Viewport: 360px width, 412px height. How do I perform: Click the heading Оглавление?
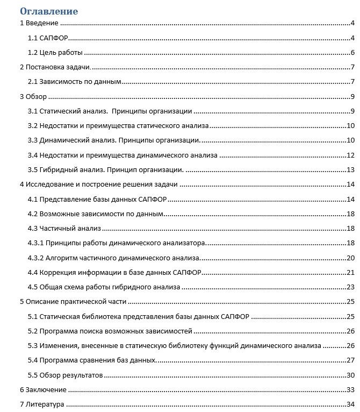[49, 11]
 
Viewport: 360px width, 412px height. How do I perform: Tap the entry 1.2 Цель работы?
[55, 53]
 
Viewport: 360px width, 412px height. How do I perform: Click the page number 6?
[351, 53]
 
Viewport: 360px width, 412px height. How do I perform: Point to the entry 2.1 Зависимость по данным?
[74, 82]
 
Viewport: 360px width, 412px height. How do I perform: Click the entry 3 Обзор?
[33, 97]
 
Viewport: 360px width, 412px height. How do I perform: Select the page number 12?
[350, 155]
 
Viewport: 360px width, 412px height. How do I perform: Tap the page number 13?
[350, 170]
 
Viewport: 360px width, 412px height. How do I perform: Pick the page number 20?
[350, 258]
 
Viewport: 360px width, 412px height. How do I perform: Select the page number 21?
[350, 272]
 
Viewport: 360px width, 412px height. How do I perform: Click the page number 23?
[350, 287]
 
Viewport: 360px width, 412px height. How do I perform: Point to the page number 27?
[350, 360]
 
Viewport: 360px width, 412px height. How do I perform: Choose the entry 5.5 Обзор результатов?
[66, 375]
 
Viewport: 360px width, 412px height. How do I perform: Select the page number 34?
[350, 404]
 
